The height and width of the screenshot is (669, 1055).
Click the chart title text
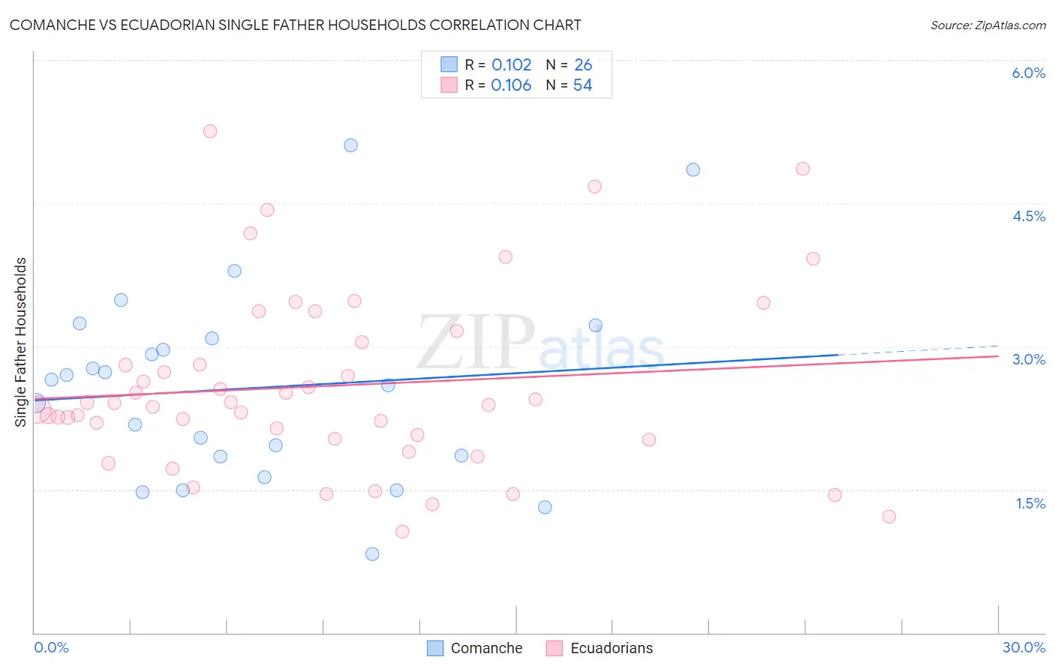click(x=295, y=25)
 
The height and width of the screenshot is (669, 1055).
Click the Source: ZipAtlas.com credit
click(x=987, y=25)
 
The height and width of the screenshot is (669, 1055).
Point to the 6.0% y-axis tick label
click(x=1028, y=73)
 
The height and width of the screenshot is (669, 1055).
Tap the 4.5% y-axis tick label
click(x=1028, y=216)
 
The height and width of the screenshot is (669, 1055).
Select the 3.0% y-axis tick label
click(x=1028, y=359)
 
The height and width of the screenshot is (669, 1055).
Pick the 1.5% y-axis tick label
click(x=1030, y=503)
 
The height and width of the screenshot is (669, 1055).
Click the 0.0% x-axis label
click(x=51, y=647)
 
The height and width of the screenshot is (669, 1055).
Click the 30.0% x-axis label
click(x=1023, y=647)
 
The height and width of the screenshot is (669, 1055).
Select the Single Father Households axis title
click(x=20, y=342)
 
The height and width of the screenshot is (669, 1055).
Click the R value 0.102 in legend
click(x=511, y=65)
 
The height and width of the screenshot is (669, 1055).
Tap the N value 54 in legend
click(x=582, y=85)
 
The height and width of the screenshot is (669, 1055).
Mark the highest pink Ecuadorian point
click(x=210, y=131)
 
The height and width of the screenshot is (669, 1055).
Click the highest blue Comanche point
click(x=350, y=145)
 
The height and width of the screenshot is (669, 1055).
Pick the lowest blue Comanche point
click(x=372, y=554)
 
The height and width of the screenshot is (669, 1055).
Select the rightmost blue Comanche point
click(x=693, y=170)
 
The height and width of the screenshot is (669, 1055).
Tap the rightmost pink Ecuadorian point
click(x=889, y=517)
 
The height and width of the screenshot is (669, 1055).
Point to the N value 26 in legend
click(x=583, y=65)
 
